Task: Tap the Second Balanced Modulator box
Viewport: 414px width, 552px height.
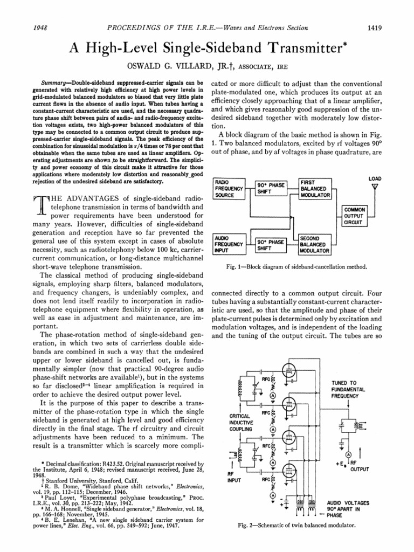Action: (x=316, y=244)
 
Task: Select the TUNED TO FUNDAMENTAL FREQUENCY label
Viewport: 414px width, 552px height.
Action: (x=350, y=388)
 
